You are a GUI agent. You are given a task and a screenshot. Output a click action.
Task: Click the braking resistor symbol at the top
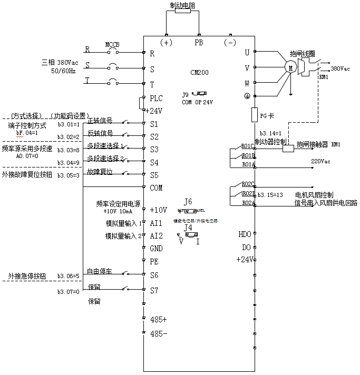point(182,11)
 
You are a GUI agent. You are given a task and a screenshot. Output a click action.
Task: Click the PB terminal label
point(199,42)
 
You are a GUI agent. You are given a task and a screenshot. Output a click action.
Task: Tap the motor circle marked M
point(290,67)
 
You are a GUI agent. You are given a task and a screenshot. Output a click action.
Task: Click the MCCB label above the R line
point(112,45)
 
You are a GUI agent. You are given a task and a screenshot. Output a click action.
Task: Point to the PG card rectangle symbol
point(254,114)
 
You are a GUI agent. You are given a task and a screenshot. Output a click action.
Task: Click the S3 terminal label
point(154,149)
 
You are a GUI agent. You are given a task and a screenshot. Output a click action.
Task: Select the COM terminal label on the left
point(157,187)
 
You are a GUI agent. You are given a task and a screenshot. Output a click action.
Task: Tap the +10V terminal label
point(158,210)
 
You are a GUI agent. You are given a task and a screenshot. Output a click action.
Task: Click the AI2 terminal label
point(156,235)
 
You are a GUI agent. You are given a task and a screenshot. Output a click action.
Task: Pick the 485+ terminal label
point(159,320)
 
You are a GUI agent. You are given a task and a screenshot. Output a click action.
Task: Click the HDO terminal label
point(245,234)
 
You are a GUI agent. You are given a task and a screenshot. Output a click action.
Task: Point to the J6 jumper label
point(188,202)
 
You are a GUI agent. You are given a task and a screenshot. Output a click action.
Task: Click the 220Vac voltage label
point(320,161)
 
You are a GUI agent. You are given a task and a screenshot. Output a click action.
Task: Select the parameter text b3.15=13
point(270,195)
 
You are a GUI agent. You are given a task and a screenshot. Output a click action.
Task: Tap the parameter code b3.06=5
point(69,275)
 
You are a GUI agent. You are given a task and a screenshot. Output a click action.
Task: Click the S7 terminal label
point(154,290)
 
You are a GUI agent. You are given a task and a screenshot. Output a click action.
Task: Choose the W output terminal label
point(246,83)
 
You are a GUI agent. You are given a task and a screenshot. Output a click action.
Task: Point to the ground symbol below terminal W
point(246,96)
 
